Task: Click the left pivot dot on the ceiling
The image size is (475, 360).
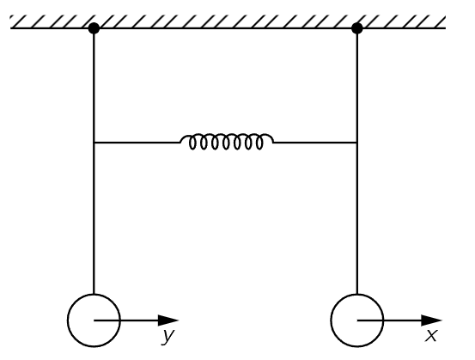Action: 94,28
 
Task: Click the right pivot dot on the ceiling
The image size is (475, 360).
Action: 357,28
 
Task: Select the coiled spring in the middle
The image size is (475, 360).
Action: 227,141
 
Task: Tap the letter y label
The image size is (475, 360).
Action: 168,336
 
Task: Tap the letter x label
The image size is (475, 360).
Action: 431,335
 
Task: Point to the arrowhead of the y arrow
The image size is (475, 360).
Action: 168,320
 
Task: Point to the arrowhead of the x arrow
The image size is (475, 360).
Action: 432,320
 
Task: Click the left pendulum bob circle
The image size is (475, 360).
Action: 68,320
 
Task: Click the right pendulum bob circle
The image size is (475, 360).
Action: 332,320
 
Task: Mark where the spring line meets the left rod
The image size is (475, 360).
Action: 94,142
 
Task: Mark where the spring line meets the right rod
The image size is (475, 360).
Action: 357,142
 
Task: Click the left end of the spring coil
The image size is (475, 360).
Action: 181,142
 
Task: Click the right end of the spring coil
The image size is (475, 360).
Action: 273,142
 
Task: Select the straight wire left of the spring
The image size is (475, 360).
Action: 137,142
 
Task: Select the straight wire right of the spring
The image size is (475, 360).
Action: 315,142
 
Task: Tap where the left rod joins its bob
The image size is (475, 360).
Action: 94,294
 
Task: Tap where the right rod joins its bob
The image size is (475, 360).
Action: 357,294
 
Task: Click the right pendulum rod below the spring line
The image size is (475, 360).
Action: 357,218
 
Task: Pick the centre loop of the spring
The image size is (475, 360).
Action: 226,143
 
